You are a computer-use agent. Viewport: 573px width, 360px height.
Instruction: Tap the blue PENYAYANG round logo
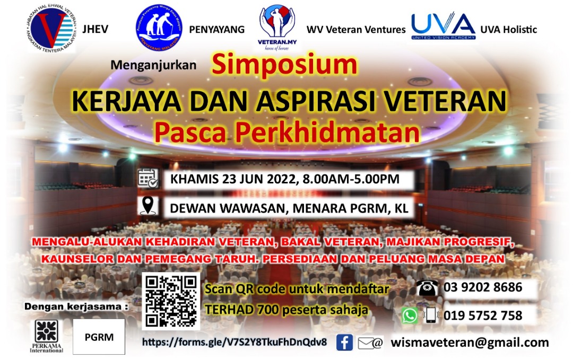coord(159,28)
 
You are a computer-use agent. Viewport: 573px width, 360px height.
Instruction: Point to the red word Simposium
coord(284,64)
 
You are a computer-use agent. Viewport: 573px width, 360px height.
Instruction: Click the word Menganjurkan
coord(153,65)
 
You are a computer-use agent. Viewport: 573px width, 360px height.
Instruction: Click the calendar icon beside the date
coord(148,179)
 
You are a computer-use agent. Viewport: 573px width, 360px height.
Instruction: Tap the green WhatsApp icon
coord(409,315)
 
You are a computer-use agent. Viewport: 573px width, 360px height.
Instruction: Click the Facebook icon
coord(344,343)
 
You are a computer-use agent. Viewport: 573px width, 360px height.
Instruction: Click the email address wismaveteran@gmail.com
coord(470,343)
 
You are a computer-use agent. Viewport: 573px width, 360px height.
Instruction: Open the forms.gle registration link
coord(235,342)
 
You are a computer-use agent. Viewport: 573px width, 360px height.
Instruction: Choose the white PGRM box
coord(99,337)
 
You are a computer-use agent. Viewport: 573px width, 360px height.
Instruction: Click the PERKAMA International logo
coord(46,336)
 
